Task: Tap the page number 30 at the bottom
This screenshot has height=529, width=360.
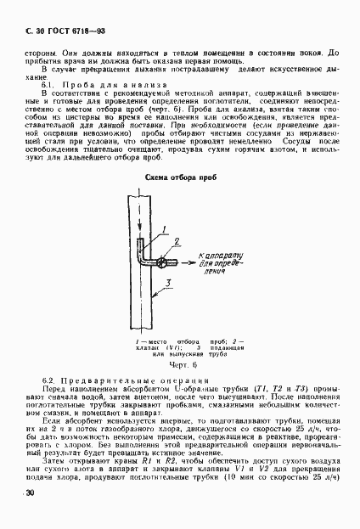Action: pos(30,493)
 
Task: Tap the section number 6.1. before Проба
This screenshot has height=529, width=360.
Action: pos(49,86)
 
